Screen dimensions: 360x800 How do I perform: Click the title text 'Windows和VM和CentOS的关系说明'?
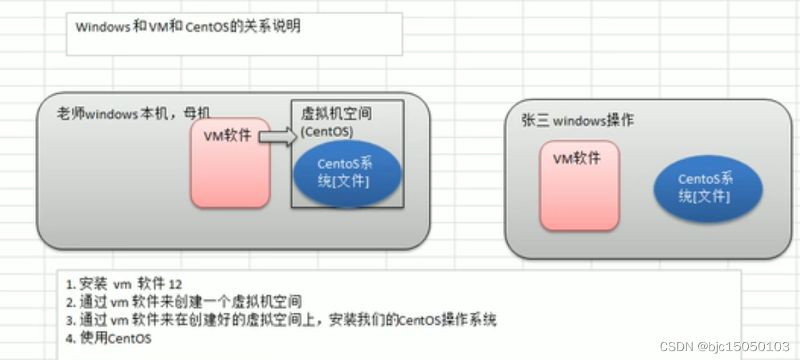[188, 27]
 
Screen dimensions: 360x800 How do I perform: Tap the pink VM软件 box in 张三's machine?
[579, 192]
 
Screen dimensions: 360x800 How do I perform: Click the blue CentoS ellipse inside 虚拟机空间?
[346, 173]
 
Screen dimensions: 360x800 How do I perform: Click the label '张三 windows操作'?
[578, 121]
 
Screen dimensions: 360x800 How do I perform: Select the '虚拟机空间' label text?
[336, 114]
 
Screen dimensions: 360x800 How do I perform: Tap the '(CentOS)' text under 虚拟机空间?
[327, 131]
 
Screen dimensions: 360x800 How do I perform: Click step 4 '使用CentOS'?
[109, 338]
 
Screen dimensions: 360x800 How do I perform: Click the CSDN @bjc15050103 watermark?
[724, 346]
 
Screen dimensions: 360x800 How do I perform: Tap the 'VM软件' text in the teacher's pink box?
[228, 136]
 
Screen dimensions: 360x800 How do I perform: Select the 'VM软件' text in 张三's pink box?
[576, 159]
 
